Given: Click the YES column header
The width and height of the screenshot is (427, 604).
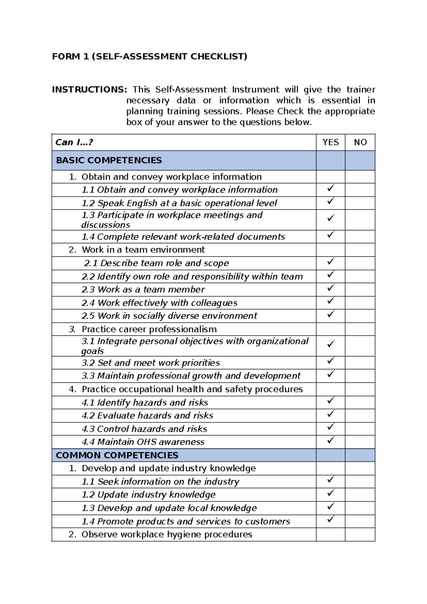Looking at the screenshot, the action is (x=330, y=142).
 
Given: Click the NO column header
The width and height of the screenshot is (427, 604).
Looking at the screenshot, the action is (x=360, y=142).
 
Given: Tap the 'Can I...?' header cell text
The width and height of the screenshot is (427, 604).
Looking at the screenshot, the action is (x=74, y=142).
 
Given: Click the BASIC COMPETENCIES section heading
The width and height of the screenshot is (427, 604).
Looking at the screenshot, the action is (x=109, y=160).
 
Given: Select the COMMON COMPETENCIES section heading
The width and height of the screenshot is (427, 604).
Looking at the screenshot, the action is (x=117, y=455).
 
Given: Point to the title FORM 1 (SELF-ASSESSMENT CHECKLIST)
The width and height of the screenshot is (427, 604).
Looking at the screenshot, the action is (x=149, y=57).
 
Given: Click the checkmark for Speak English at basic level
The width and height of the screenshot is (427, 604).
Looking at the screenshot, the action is (x=331, y=201).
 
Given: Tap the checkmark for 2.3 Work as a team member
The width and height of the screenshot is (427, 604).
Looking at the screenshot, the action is (x=331, y=287).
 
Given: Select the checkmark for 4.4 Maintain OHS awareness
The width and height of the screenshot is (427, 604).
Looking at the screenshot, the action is (x=331, y=440).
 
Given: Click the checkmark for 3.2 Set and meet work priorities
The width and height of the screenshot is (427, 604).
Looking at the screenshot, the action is (x=331, y=361).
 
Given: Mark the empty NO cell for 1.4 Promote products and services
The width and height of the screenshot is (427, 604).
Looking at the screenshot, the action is (x=360, y=521).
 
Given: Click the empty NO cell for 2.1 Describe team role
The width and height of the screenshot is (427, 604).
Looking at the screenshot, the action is (x=360, y=263).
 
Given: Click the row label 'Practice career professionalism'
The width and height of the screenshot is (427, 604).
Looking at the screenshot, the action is (x=149, y=329).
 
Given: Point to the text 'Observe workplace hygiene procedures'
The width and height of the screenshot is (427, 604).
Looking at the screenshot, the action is (x=167, y=535).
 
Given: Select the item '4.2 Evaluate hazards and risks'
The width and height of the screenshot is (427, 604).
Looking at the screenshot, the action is (x=148, y=416).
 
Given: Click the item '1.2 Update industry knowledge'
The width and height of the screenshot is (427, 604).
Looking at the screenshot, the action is (x=149, y=495).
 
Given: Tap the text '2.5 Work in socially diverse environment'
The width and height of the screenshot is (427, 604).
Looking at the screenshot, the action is (x=169, y=316).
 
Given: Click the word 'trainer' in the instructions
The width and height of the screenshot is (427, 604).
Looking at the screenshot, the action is (x=361, y=89).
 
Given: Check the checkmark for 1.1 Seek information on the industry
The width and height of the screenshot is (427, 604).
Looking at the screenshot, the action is (x=331, y=480).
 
